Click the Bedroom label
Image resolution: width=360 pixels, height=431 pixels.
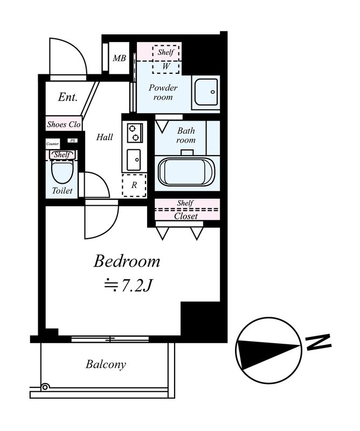point(127,261)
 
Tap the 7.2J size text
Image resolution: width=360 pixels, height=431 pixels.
point(128,286)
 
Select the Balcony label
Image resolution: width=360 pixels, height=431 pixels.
point(106,365)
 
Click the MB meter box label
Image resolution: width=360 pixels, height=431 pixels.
point(119,58)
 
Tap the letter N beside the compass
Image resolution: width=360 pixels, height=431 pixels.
point(319,342)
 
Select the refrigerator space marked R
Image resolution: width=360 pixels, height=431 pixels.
point(134,185)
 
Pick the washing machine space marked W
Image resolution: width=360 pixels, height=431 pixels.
point(166,66)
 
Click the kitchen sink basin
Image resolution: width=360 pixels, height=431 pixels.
point(134,159)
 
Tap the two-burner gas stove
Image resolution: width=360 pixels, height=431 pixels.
point(135,133)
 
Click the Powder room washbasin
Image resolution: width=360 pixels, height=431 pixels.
point(207,92)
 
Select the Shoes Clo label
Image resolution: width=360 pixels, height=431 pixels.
point(64,124)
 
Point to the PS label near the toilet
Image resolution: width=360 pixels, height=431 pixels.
point(73,141)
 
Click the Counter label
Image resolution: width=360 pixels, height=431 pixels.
point(52,144)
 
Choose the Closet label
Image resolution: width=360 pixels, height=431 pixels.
point(186,216)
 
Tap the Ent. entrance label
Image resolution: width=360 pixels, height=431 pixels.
point(68,97)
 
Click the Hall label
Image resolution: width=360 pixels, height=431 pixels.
point(105,137)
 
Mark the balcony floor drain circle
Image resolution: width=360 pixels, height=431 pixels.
point(45,387)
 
